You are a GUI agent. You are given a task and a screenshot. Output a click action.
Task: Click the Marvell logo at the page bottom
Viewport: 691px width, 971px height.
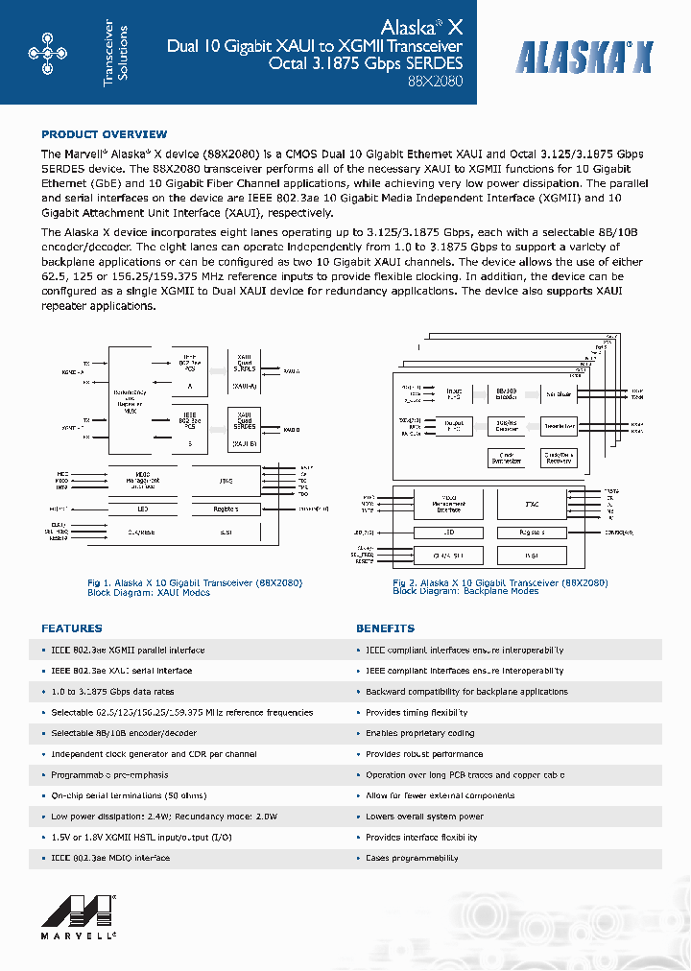point(85,916)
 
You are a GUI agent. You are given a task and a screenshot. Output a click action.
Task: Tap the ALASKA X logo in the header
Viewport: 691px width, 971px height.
point(584,59)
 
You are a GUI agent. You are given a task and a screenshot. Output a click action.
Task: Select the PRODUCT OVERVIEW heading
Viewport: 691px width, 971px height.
point(104,134)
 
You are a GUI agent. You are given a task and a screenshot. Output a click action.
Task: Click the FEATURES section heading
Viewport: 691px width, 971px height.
point(71,628)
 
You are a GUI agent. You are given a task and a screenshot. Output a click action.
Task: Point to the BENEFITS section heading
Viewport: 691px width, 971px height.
point(385,628)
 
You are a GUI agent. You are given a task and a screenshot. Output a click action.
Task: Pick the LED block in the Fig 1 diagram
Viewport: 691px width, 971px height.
point(141,509)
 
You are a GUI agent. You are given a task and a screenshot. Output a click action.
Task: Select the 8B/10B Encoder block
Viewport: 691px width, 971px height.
point(506,393)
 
